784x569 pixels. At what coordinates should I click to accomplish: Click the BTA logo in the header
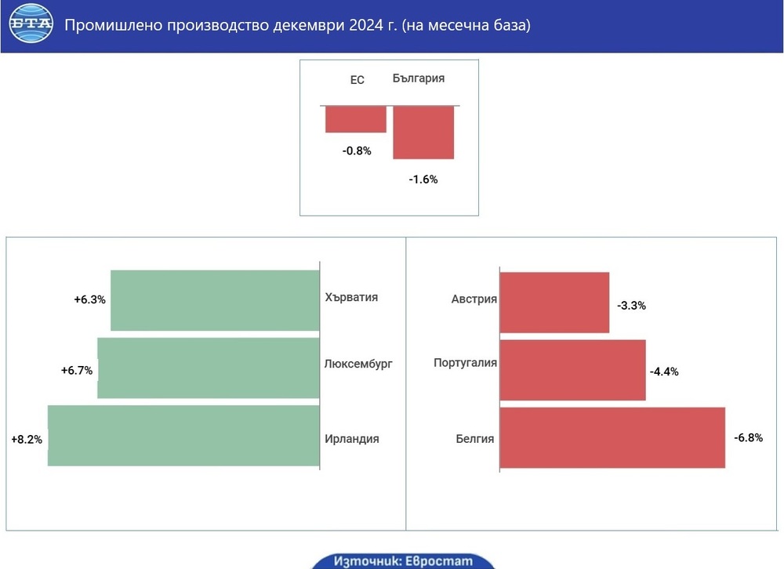tap(31, 25)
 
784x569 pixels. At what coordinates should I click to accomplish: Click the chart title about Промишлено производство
tap(297, 26)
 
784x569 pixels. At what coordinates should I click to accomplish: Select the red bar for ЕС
tap(356, 119)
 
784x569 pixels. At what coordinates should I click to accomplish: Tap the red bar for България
tap(423, 132)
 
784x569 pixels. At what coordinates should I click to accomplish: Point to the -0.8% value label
tap(356, 150)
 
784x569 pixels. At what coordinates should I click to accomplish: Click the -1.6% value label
tap(423, 179)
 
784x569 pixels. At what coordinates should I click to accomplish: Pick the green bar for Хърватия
tap(215, 300)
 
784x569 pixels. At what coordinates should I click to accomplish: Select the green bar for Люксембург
tap(209, 368)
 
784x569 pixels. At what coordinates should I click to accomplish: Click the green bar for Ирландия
tap(183, 436)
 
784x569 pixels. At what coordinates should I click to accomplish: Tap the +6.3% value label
tap(89, 299)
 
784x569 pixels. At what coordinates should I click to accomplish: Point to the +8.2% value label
tap(26, 440)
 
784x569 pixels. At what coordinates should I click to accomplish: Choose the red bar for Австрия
tap(554, 303)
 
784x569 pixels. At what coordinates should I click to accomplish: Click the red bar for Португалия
tap(572, 370)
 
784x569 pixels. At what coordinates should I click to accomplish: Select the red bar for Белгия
tap(612, 437)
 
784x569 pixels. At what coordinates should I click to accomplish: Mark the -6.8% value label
tap(748, 437)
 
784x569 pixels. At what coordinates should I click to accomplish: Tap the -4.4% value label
tap(664, 371)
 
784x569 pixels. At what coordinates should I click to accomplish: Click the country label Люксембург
tap(358, 364)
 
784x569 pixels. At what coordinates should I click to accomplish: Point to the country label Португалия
tap(465, 364)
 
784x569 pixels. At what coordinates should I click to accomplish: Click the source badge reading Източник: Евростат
tap(403, 561)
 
